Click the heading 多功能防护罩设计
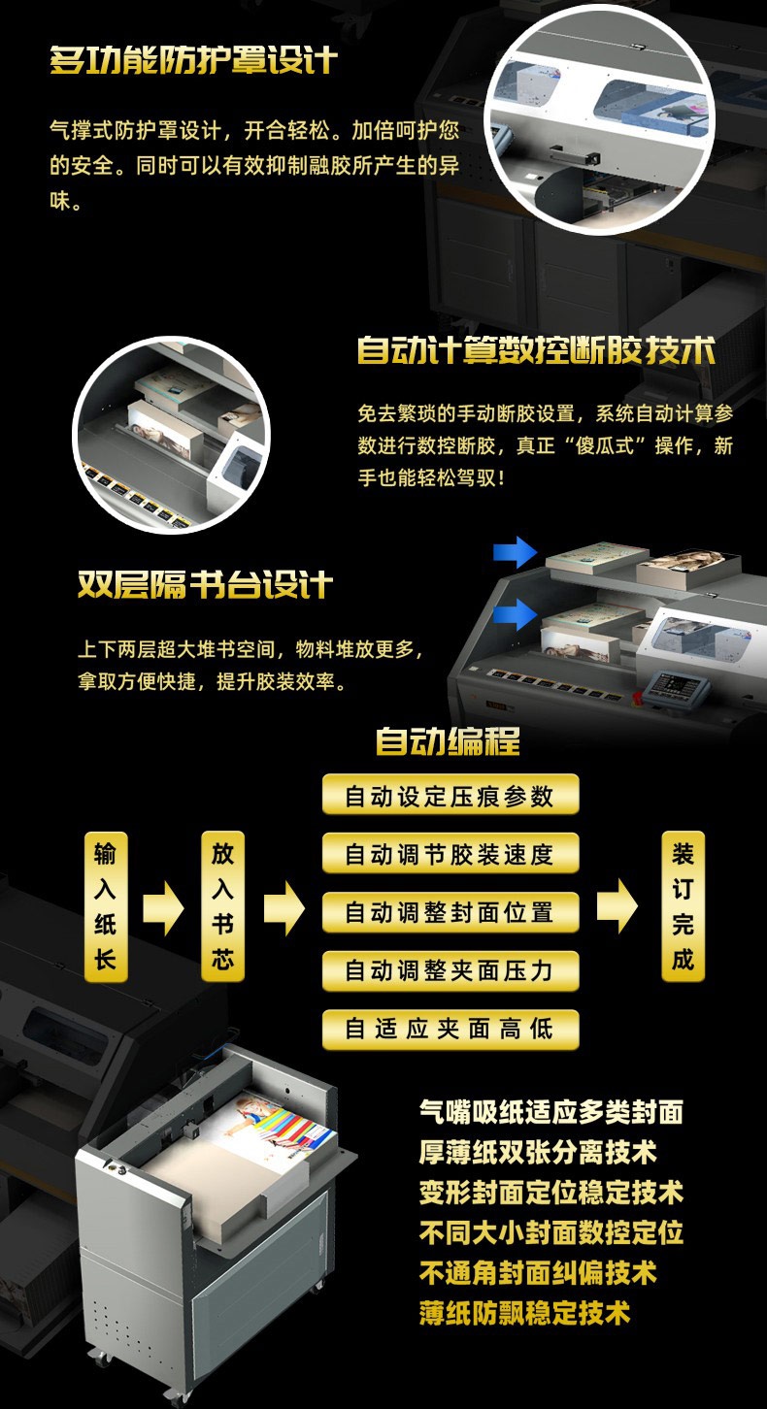point(194,60)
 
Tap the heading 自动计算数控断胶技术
point(536,350)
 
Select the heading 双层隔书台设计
point(205,584)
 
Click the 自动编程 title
point(448,741)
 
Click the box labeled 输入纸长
point(106,906)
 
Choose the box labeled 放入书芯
point(222,906)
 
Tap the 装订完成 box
point(683,906)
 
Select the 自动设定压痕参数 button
point(450,795)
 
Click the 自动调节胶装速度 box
point(450,854)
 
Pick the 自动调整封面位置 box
point(450,912)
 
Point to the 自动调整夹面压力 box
point(450,970)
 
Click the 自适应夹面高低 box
point(450,1029)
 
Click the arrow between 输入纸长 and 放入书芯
point(163,908)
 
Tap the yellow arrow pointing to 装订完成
point(617,905)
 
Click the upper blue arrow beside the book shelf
point(515,552)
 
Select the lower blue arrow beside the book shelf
point(515,613)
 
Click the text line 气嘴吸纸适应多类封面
point(551,1112)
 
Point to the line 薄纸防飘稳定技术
point(524,1313)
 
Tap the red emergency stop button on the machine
point(637,698)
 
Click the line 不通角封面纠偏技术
point(538,1272)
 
